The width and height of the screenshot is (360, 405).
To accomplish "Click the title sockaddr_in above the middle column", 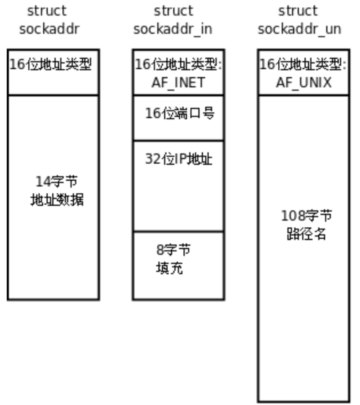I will pos(173,29).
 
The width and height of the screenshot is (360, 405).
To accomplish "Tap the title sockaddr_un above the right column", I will pos(299,29).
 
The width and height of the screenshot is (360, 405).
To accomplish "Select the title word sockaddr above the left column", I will pos(49,29).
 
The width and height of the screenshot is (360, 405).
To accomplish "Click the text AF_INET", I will pos(178,82).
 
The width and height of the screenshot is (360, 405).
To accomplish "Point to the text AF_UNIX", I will pos(303,82).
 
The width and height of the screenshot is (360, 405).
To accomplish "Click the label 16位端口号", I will pos(180,114).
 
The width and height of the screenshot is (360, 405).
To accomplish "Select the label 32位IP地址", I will pos(178,159).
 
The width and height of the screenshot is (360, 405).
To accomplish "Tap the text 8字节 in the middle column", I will pos(174,250).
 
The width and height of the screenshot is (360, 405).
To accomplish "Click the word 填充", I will pos(169,268).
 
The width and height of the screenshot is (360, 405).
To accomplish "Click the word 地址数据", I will pos(57,200).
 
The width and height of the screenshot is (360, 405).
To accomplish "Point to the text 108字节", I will pos(307,216).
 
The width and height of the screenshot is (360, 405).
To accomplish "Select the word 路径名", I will pos(307,234).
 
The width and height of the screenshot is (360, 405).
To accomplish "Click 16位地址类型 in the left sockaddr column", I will pos(51,65).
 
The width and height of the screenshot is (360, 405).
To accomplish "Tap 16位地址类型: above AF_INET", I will pos(178,65).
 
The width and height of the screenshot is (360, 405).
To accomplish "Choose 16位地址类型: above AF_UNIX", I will pos(303,65).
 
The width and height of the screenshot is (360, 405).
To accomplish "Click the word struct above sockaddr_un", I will pos(298,11).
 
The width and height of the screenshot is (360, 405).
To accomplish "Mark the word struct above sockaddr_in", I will pos(174,11).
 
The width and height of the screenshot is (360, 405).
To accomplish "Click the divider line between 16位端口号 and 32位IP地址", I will pos(178,141).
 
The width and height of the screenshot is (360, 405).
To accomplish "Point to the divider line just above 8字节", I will pos(178,231).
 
